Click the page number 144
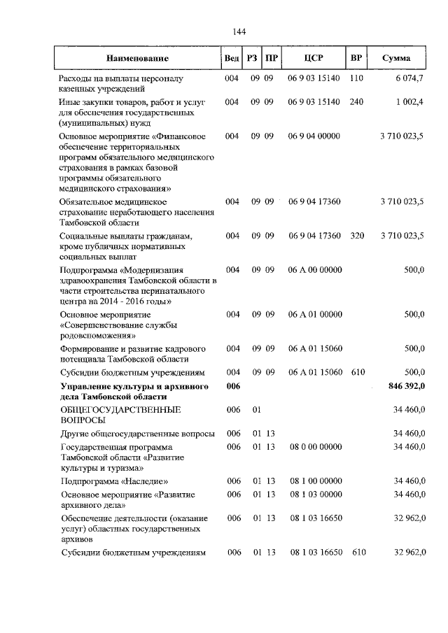coord(238,31)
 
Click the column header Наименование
coord(138,58)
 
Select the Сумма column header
coord(396,58)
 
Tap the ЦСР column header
coord(314,58)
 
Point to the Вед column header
coord(231,58)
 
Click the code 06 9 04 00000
coord(314,136)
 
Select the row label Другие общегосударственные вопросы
coord(137,434)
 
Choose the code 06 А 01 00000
coord(314,314)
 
